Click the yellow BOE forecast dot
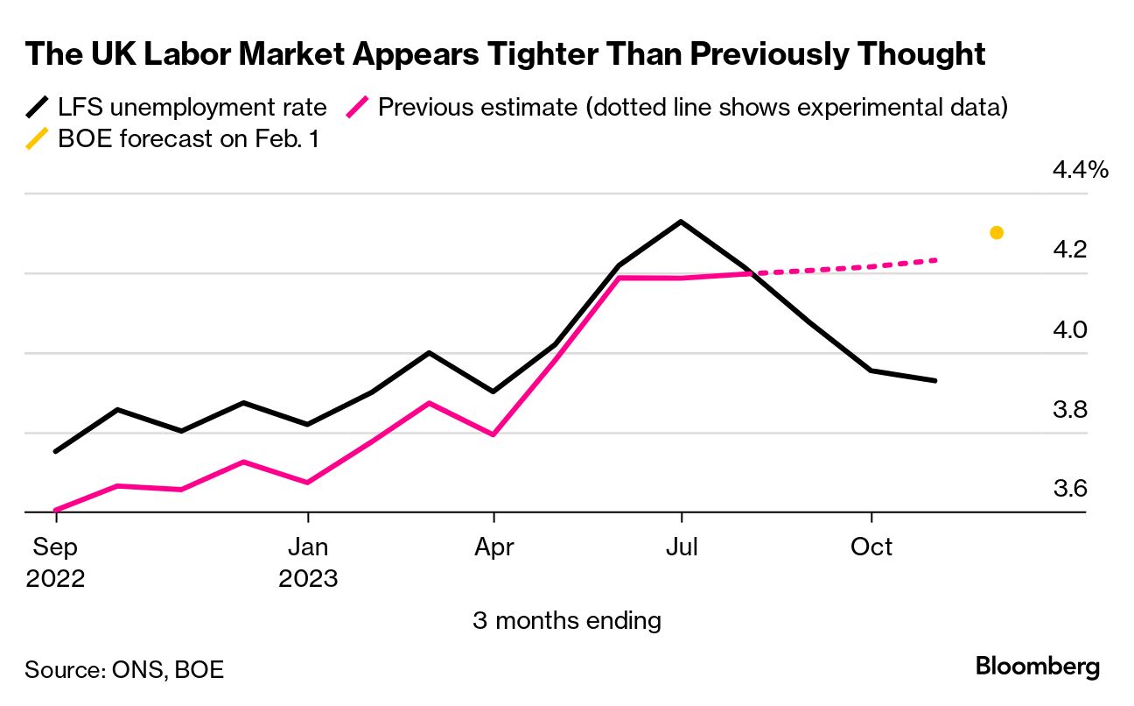(996, 233)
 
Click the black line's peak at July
(681, 222)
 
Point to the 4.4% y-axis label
(1080, 170)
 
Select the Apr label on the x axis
(494, 547)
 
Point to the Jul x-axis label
(681, 547)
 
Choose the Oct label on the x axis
(871, 547)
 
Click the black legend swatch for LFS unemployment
(38, 108)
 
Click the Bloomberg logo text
(1038, 667)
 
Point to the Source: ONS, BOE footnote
(124, 670)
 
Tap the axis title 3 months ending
(567, 621)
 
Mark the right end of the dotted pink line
(936, 260)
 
